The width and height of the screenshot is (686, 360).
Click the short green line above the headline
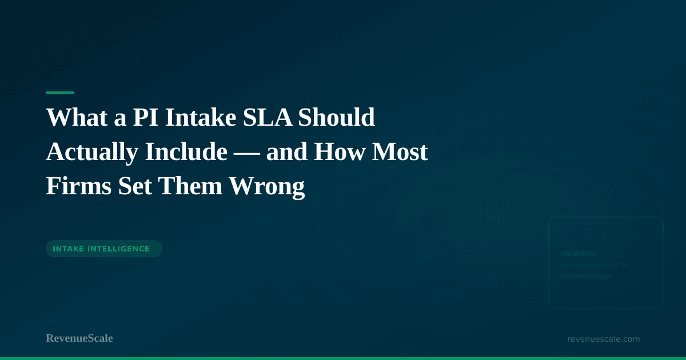point(60,93)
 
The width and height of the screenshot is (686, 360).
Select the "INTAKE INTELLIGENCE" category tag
point(103,249)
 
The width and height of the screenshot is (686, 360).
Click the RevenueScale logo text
point(79,338)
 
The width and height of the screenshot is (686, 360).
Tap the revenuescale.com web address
point(603,339)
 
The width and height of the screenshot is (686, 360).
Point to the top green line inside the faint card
point(577,253)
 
